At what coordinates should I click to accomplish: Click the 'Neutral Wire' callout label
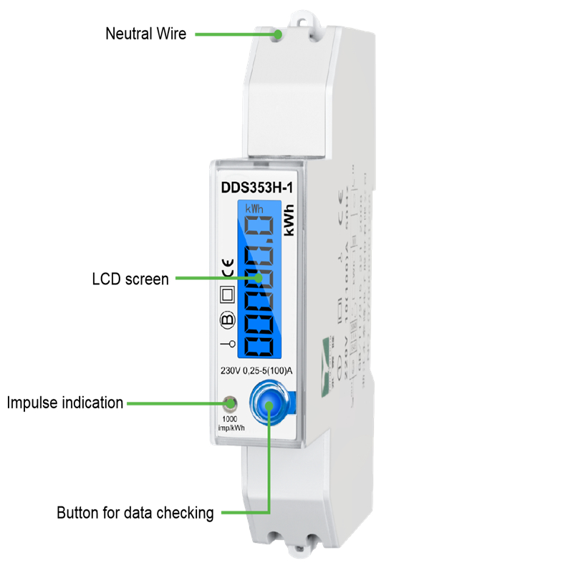pyautogui.click(x=145, y=33)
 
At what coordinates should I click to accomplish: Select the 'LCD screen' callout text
pyautogui.click(x=130, y=279)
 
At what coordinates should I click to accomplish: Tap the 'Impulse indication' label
pyautogui.click(x=65, y=403)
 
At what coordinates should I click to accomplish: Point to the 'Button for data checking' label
pyautogui.click(x=135, y=513)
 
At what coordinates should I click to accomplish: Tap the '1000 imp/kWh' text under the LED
pyautogui.click(x=228, y=423)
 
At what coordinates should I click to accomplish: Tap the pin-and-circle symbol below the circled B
pyautogui.click(x=226, y=346)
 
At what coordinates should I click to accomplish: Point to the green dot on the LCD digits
pyautogui.click(x=258, y=278)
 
